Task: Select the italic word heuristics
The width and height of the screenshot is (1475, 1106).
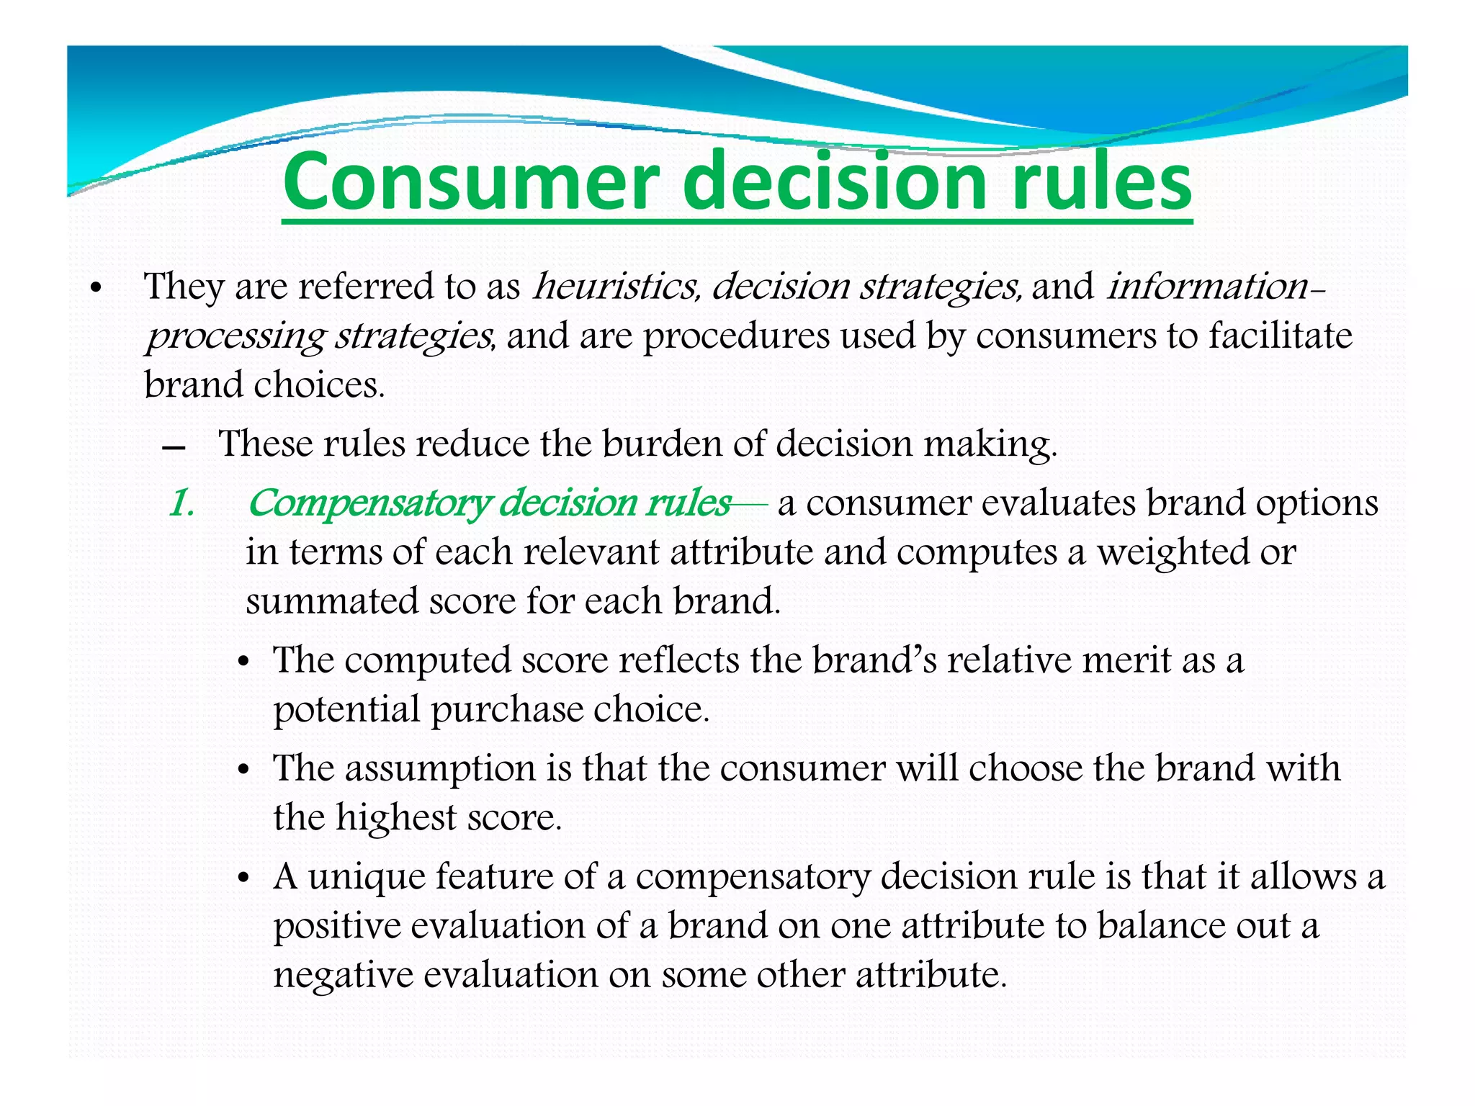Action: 616,286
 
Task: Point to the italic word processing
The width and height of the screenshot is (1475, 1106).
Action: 235,336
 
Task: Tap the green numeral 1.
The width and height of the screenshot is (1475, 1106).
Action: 181,503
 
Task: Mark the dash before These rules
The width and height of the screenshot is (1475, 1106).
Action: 174,447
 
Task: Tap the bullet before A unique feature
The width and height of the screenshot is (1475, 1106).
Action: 245,879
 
